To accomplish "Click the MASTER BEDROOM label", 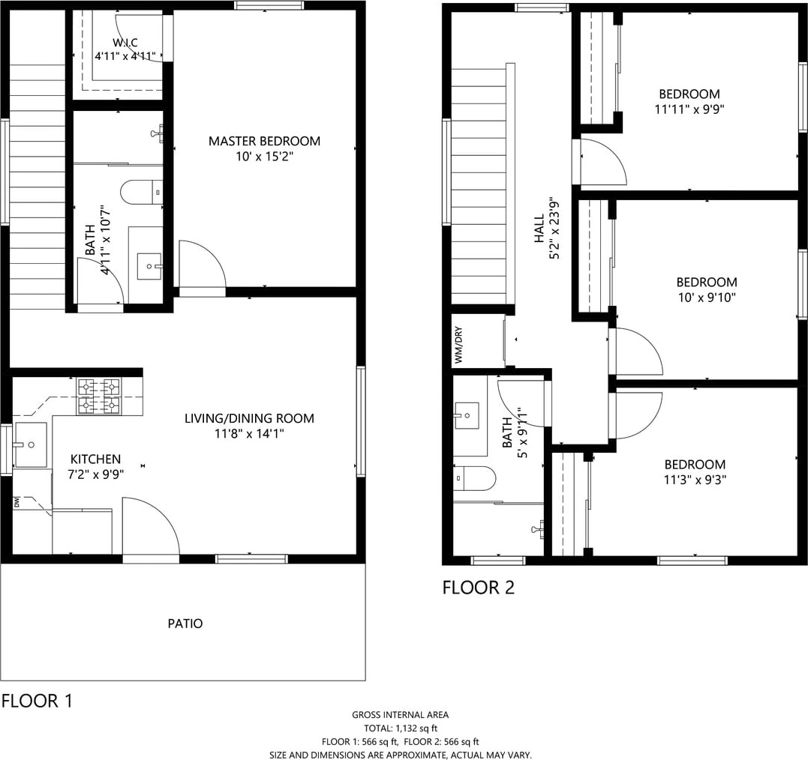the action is tap(264, 141).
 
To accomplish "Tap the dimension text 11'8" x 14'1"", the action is tap(249, 433).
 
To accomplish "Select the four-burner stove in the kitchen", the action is tap(98, 396).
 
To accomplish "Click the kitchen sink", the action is tap(31, 445).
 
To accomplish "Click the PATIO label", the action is tap(185, 624).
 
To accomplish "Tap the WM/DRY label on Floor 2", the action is tap(458, 345).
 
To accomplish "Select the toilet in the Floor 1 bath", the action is tap(142, 193).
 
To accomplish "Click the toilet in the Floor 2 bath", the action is tap(474, 478).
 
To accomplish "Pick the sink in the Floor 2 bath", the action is tap(467, 415).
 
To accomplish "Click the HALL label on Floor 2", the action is tap(539, 229).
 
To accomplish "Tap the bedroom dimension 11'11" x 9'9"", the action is tap(689, 109).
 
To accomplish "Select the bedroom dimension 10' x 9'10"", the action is tap(707, 297).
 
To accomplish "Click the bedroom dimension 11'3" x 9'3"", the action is tap(695, 480).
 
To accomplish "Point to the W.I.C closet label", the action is tap(125, 43).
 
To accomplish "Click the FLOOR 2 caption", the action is tap(478, 588).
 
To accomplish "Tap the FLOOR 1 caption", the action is tap(37, 701).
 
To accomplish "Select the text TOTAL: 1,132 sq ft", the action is tap(401, 728).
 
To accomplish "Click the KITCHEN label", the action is tap(95, 459).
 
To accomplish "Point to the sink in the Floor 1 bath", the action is tap(149, 266).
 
